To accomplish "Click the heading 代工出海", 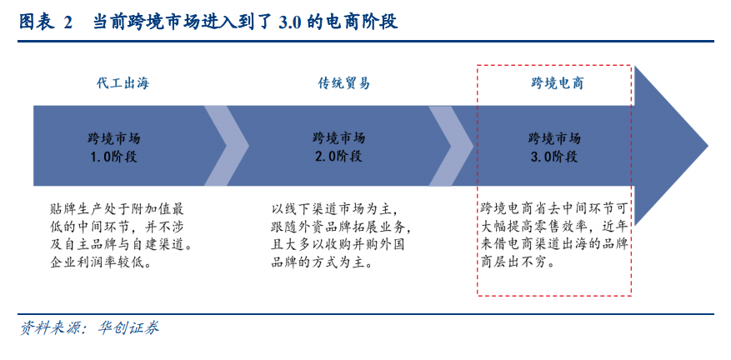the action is pyautogui.click(x=123, y=83).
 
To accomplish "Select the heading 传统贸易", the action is pyautogui.click(x=344, y=83).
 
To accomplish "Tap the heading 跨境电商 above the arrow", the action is pyautogui.click(x=558, y=83).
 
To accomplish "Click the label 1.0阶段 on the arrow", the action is pyautogui.click(x=113, y=156).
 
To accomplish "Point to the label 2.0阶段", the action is pyautogui.click(x=339, y=156).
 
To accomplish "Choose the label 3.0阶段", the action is pyautogui.click(x=554, y=156).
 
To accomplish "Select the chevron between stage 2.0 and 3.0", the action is pyautogui.click(x=451, y=146).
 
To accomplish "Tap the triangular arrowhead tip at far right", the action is pyautogui.click(x=708, y=146).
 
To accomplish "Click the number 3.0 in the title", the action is pyautogui.click(x=289, y=22).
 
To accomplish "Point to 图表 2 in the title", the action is pyautogui.click(x=46, y=22).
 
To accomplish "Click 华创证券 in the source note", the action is pyautogui.click(x=128, y=327).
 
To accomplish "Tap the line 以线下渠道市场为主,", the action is pyautogui.click(x=333, y=208).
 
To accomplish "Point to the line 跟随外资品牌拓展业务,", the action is pyautogui.click(x=341, y=227).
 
